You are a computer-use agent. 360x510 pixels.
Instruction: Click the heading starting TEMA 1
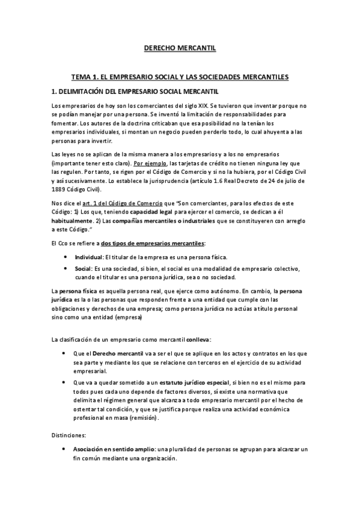point(180,77)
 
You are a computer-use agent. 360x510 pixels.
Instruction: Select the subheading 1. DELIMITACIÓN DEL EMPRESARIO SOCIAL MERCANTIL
point(133,91)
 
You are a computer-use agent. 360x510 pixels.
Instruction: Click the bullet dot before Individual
point(65,257)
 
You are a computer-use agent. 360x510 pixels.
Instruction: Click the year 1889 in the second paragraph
point(60,189)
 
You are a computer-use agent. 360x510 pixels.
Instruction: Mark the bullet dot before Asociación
point(65,450)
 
